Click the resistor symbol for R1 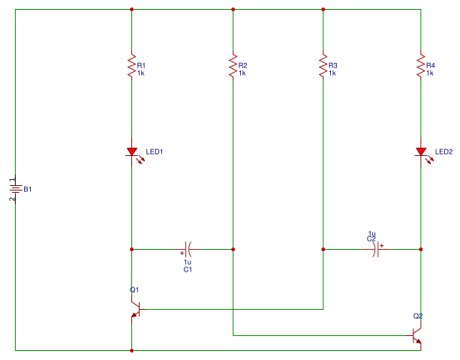tap(132, 65)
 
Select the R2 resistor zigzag tap(233, 65)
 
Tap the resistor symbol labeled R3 tap(323, 65)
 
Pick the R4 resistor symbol tap(421, 65)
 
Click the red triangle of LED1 tap(132, 151)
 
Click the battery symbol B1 tap(15, 189)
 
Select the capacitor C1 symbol tap(188, 250)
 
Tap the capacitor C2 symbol tap(376, 250)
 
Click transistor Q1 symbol tap(136, 309)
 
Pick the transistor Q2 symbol tap(416, 336)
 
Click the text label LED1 tap(155, 151)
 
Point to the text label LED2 tap(443, 151)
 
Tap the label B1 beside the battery tap(27, 190)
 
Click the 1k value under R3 tap(332, 73)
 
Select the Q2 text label tap(418, 316)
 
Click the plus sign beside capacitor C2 tap(382, 246)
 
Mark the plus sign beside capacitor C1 tap(182, 253)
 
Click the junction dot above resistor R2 tap(233, 10)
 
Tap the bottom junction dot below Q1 tap(132, 350)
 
